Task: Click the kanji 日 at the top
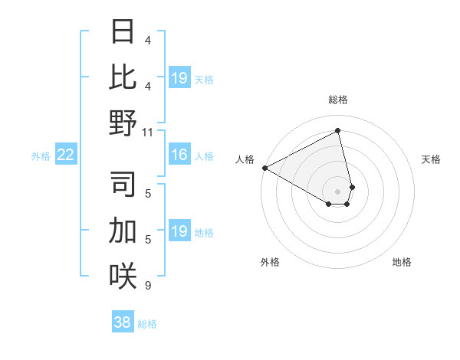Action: [123, 32]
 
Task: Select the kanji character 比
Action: [123, 77]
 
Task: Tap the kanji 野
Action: [123, 123]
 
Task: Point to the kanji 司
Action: [123, 185]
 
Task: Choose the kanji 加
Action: [123, 230]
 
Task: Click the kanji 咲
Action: [123, 275]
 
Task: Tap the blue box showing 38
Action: [123, 323]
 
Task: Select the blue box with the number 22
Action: [66, 155]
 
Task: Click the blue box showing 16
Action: [179, 155]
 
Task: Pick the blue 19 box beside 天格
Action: [179, 78]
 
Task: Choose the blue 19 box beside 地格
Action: [179, 232]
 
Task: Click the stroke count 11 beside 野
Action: [148, 132]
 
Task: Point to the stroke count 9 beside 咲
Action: [148, 286]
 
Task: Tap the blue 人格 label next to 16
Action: [204, 156]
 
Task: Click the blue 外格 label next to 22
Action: [41, 156]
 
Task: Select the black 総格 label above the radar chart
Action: [338, 100]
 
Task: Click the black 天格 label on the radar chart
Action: [432, 159]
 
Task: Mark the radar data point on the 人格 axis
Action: [264, 168]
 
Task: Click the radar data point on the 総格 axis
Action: [338, 131]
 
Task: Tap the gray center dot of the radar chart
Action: [338, 191]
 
